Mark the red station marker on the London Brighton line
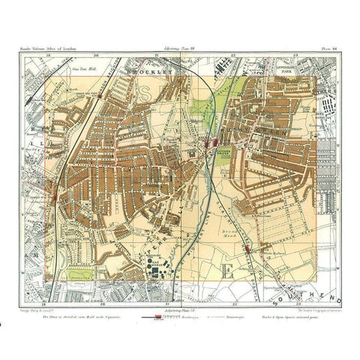(x=58, y=197)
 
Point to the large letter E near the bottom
(x=223, y=271)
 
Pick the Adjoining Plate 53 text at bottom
(x=180, y=308)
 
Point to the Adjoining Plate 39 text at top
(x=180, y=52)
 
